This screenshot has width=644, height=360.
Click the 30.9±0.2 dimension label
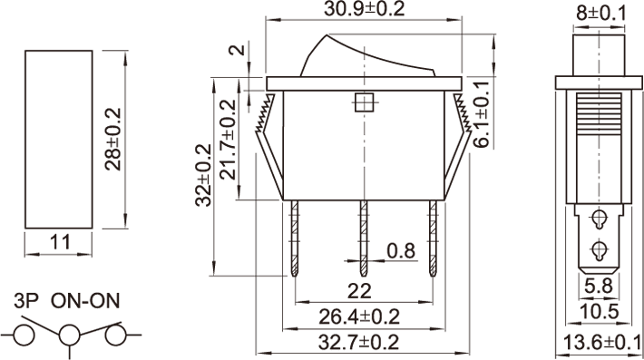tap(364, 9)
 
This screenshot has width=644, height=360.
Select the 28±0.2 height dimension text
tap(113, 139)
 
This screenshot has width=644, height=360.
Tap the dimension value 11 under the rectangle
tap(60, 242)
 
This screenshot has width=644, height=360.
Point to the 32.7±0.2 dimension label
tap(358, 343)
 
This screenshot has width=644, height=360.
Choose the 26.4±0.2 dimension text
tap(359, 316)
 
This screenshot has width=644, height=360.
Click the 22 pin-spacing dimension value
tap(359, 291)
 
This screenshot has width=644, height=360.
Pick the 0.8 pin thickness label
tap(401, 250)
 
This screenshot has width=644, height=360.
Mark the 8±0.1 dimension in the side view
tap(600, 13)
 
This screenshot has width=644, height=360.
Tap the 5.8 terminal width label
tap(599, 286)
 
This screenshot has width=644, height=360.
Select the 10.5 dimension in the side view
tap(599, 312)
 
